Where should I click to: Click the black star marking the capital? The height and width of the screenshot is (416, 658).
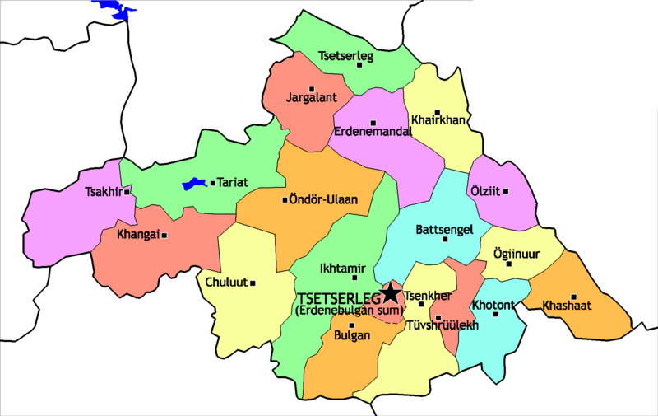pyautogui.click(x=391, y=293)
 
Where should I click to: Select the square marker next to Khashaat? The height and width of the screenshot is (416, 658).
pyautogui.click(x=574, y=297)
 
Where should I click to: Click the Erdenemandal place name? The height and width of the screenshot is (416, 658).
pyautogui.click(x=373, y=131)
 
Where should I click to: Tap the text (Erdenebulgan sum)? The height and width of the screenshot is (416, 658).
pyautogui.click(x=346, y=311)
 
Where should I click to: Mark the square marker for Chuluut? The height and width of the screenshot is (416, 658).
pyautogui.click(x=253, y=283)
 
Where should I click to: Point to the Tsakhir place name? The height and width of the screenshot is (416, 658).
pyautogui.click(x=103, y=193)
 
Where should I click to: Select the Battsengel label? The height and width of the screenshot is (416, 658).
pyautogui.click(x=443, y=229)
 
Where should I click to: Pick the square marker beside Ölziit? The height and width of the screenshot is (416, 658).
pyautogui.click(x=506, y=191)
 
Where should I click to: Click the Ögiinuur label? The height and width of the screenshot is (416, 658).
pyautogui.click(x=516, y=254)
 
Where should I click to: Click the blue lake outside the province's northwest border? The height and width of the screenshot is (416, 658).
pyautogui.click(x=118, y=9)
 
